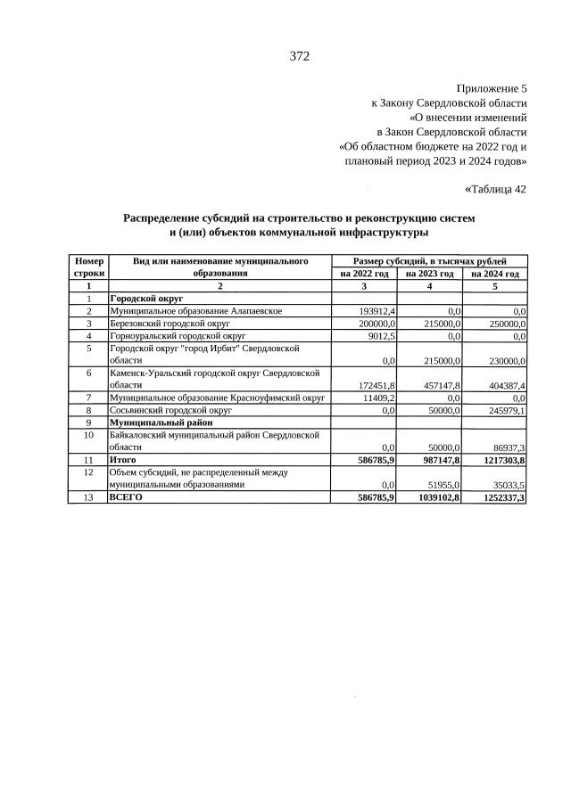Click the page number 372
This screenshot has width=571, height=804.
[x=299, y=56]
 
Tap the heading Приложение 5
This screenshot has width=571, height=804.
[x=492, y=88]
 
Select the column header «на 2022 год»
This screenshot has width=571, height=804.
[x=364, y=274]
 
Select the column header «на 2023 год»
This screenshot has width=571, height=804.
[x=430, y=274]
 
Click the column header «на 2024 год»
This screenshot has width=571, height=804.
[x=495, y=274]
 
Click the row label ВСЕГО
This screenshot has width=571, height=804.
[x=126, y=497]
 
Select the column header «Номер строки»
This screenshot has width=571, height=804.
[x=88, y=267]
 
